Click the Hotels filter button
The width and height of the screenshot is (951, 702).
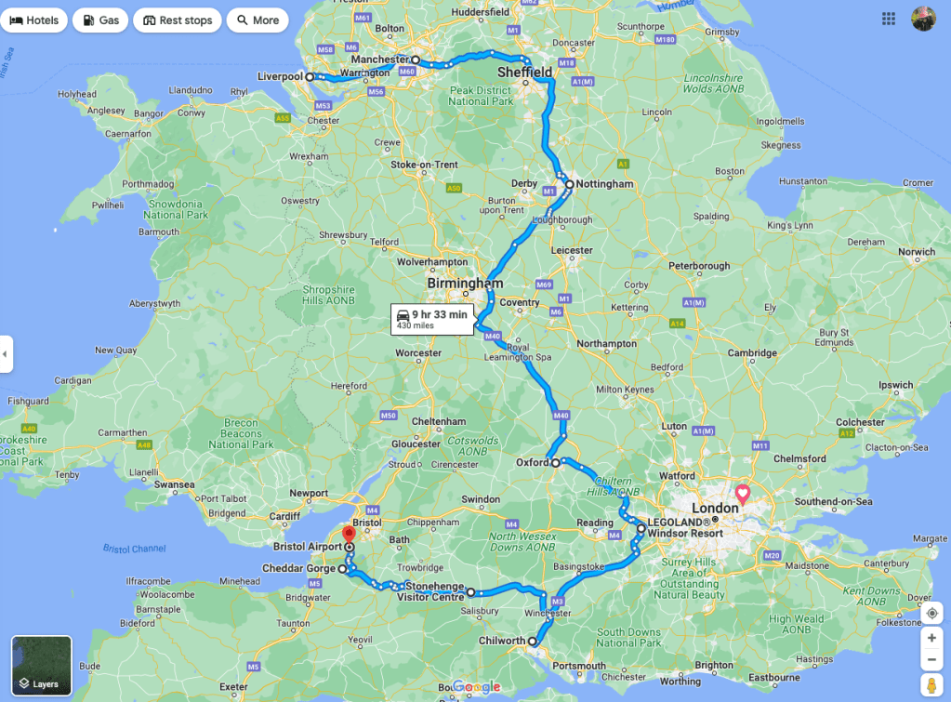[x=34, y=20]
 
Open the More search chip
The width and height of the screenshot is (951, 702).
[x=258, y=20]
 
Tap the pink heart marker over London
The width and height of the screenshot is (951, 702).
[x=743, y=493]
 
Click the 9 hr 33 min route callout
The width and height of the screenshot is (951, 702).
[x=432, y=319]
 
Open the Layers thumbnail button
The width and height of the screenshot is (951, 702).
[x=42, y=666]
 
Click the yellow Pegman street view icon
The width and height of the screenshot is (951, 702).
[x=931, y=685]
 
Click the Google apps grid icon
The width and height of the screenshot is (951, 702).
[x=889, y=19]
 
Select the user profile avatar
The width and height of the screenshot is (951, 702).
[x=923, y=19]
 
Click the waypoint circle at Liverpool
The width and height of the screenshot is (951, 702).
[x=310, y=77]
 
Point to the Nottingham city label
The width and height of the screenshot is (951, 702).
[x=604, y=184]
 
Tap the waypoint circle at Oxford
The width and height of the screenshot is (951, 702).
[x=555, y=462]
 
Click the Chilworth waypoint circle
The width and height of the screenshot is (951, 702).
[x=533, y=642]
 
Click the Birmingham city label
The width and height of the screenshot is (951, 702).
[x=465, y=283]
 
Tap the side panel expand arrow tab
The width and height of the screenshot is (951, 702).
[x=6, y=354]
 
